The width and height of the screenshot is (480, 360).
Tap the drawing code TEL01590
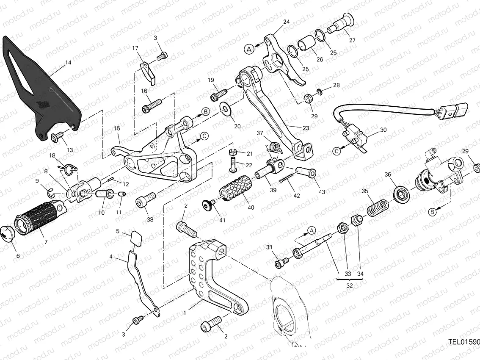(x=464, y=341)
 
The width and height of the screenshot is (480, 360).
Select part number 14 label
(x=68, y=63)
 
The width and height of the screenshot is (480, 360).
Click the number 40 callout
(x=251, y=208)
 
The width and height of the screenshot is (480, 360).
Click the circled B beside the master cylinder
(x=431, y=212)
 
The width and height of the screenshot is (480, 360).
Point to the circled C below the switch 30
(x=337, y=150)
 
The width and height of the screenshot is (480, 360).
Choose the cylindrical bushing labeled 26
(x=308, y=44)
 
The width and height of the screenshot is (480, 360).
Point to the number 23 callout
(x=306, y=128)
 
